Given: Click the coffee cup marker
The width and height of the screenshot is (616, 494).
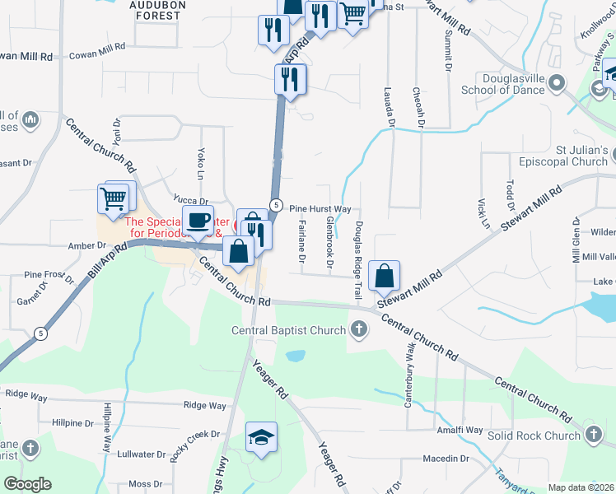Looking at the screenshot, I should pos(198,221).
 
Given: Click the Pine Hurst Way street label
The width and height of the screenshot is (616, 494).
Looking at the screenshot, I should pos(320,209).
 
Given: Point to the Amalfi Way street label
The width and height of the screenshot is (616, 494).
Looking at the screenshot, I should pos(460,430).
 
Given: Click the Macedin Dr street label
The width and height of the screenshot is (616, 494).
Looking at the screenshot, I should pos(446,459).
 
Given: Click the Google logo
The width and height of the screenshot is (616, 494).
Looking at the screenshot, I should pos(27,484).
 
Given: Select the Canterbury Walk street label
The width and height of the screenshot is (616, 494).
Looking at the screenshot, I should pos(409,378).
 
